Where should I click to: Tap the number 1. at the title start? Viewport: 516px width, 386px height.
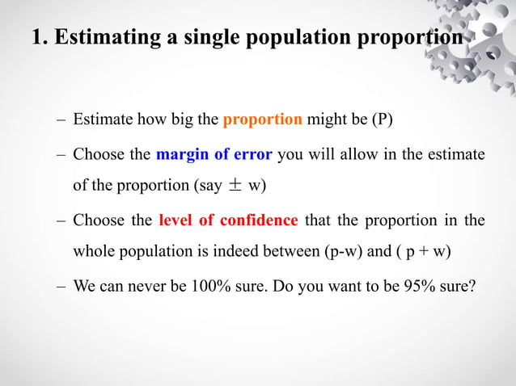coord(40,38)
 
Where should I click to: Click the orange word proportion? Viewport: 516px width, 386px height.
coord(263,120)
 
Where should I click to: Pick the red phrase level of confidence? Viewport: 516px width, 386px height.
coord(229,219)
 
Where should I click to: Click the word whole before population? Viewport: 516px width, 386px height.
coord(95,251)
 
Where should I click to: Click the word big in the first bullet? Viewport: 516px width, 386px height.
coord(184,120)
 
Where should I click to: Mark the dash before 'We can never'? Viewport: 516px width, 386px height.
coord(61,284)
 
